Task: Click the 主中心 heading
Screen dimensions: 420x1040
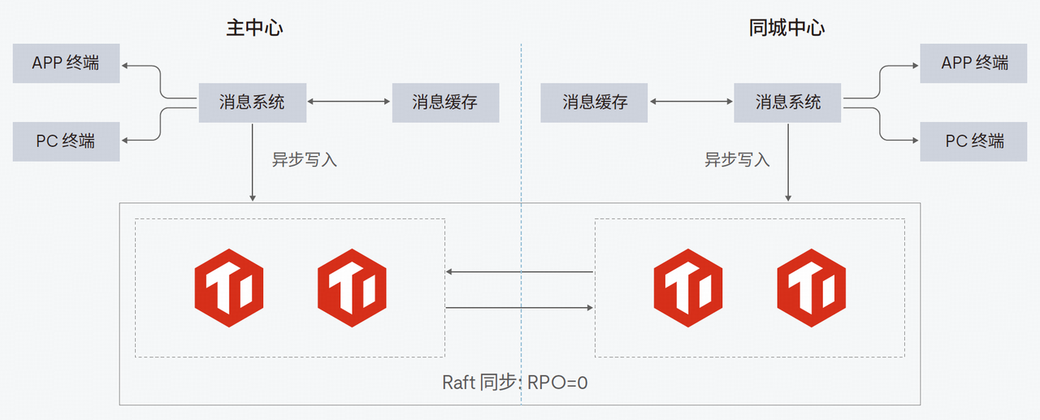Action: pos(254,28)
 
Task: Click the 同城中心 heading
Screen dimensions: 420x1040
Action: pos(786,28)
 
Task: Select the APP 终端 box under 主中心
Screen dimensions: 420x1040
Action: pos(66,63)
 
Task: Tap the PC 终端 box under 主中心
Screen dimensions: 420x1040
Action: pos(66,141)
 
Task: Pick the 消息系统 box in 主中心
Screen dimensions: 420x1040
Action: pos(252,102)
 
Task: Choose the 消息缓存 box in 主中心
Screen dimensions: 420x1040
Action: pos(445,102)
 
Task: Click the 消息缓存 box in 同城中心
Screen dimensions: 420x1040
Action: pos(595,102)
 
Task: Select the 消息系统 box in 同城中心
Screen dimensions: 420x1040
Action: pos(788,102)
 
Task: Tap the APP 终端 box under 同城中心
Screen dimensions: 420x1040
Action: pos(973,63)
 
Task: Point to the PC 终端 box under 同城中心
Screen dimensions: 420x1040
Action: pos(973,141)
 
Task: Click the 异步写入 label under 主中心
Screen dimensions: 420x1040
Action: pos(304,160)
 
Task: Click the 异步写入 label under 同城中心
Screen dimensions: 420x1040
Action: pos(736,160)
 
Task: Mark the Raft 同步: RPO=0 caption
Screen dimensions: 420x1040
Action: pos(514,382)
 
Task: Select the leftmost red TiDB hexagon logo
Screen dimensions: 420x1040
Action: pos(228,287)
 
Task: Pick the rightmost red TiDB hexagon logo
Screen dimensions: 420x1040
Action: pos(811,287)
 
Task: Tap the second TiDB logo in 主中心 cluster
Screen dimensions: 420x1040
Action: pos(351,287)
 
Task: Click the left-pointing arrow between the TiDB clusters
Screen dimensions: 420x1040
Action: pos(520,272)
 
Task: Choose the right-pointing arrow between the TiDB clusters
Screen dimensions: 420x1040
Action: pos(520,308)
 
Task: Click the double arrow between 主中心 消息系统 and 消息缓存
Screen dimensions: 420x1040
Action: pos(349,102)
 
